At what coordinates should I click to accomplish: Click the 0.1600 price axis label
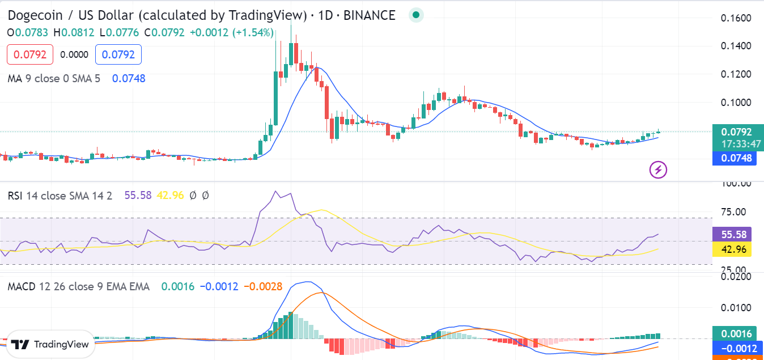pyautogui.click(x=736, y=18)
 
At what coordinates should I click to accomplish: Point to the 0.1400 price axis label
pyautogui.click(x=736, y=46)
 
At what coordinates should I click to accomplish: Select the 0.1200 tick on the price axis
pyautogui.click(x=736, y=74)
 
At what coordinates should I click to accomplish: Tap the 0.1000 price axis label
pyautogui.click(x=736, y=103)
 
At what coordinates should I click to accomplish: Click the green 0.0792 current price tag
pyautogui.click(x=736, y=132)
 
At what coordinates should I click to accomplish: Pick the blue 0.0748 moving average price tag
pyautogui.click(x=736, y=158)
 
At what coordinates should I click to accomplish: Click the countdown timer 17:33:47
pyautogui.click(x=736, y=144)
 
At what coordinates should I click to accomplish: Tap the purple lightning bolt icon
pyautogui.click(x=658, y=169)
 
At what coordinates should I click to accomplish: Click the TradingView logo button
pyautogui.click(x=50, y=344)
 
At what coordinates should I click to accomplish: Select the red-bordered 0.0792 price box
pyautogui.click(x=30, y=55)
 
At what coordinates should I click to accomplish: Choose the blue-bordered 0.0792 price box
pyautogui.click(x=118, y=55)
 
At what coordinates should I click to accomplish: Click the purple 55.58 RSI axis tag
pyautogui.click(x=736, y=234)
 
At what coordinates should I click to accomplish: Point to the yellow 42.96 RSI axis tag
pyautogui.click(x=736, y=249)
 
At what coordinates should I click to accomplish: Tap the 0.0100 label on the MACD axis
pyautogui.click(x=736, y=307)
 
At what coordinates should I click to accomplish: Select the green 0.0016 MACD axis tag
pyautogui.click(x=736, y=334)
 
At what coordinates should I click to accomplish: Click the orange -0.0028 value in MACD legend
pyautogui.click(x=263, y=287)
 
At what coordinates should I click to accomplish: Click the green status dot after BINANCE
pyautogui.click(x=416, y=15)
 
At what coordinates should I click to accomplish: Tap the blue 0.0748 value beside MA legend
pyautogui.click(x=129, y=78)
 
